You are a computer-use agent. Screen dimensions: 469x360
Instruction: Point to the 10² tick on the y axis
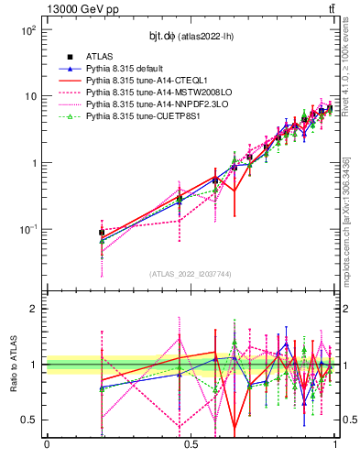coord(28,30)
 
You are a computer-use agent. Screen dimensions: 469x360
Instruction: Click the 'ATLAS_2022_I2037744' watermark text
coord(191,274)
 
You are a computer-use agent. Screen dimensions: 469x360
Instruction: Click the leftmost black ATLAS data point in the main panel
coord(102,233)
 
